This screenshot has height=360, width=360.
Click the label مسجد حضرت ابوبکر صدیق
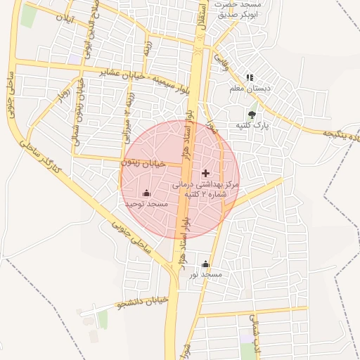(238, 8)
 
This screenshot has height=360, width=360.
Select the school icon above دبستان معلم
(249, 78)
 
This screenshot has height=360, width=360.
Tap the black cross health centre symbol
(205, 173)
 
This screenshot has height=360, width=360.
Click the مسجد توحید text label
(146, 203)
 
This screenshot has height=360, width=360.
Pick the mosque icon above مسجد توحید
(146, 193)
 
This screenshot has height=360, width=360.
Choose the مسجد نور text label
(205, 274)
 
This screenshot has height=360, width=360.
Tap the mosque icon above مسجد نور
(205, 264)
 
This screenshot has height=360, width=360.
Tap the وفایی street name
(221, 63)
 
